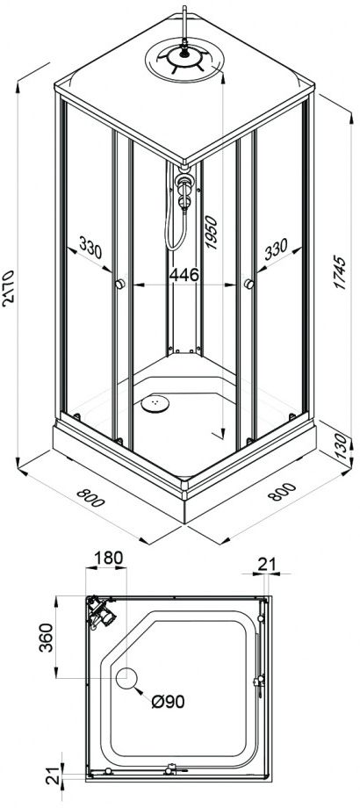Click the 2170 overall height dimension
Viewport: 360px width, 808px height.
(x=10, y=288)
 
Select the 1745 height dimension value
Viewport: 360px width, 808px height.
(x=341, y=271)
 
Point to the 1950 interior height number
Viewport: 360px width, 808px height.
(x=211, y=233)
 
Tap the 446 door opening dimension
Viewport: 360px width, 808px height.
(x=184, y=275)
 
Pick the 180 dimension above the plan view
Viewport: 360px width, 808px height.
(x=109, y=558)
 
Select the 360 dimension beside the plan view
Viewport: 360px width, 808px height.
(x=47, y=637)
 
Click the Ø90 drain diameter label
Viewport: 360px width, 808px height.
(x=168, y=702)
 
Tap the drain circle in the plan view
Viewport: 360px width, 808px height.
(x=126, y=678)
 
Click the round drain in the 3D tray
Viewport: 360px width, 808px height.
(x=155, y=403)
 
